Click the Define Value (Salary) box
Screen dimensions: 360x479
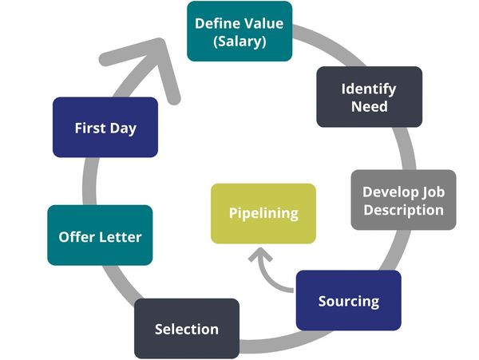(239, 31)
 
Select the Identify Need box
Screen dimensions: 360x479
(369, 97)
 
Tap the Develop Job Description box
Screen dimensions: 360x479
(403, 200)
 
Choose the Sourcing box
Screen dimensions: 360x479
(348, 300)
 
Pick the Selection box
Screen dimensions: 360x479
(186, 328)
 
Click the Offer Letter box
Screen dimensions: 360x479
(100, 235)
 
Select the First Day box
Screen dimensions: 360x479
(105, 127)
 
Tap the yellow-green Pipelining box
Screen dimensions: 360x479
(263, 213)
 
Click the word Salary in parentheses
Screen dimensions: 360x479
(239, 41)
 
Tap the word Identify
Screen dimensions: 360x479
(369, 88)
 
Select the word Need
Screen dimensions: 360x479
(369, 106)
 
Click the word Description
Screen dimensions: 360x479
(403, 210)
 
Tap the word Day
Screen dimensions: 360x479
(123, 128)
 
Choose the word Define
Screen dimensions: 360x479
(217, 22)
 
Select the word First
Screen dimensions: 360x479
(90, 128)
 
